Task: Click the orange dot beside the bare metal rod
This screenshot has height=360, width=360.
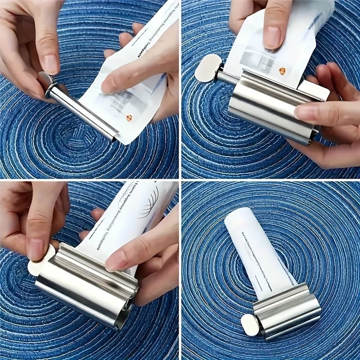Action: click(x=129, y=118)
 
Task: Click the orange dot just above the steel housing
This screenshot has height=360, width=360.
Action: click(x=282, y=71)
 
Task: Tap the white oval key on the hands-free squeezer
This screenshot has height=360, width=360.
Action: click(x=249, y=324)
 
